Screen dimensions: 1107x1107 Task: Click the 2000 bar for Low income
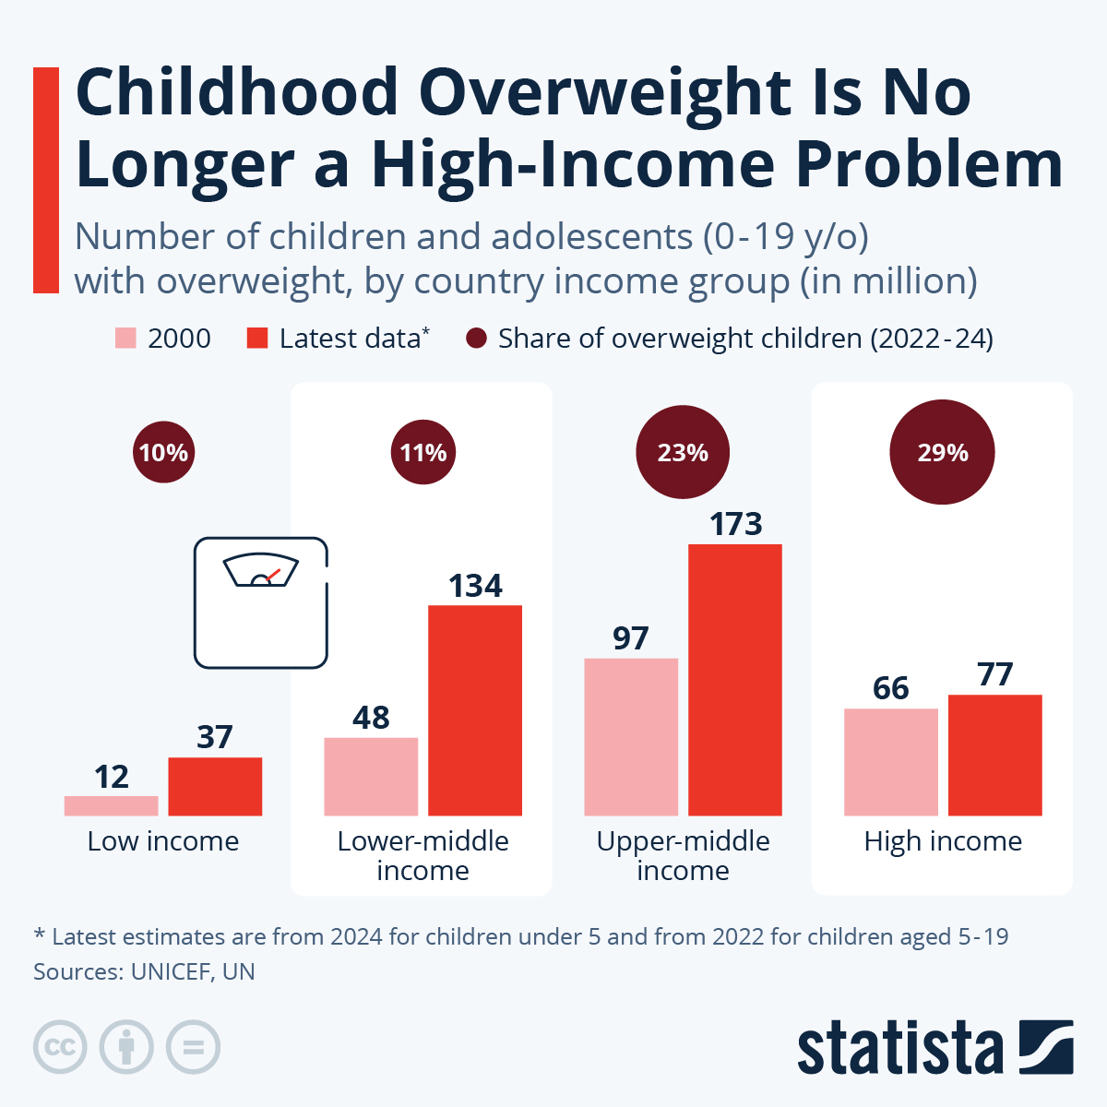(111, 805)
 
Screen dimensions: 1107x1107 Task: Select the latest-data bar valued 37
(215, 786)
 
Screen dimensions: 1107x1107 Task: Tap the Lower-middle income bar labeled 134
(475, 710)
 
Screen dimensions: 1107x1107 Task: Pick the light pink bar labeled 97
(631, 737)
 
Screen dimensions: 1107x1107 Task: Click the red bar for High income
(994, 755)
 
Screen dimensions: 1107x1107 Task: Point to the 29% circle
(942, 452)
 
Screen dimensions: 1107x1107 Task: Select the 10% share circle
(163, 452)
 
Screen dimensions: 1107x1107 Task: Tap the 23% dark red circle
(683, 452)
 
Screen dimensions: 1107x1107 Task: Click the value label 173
(735, 524)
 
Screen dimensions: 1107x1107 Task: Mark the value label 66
(890, 688)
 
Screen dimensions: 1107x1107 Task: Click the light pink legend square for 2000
(126, 339)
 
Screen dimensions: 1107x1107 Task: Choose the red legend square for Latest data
(257, 339)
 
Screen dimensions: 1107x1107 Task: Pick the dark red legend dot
(476, 339)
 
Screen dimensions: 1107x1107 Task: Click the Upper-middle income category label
(683, 855)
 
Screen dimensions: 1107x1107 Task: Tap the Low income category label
(163, 841)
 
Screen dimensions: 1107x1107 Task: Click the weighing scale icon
(261, 602)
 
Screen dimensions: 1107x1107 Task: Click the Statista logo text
(899, 1048)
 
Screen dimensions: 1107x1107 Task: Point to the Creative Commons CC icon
(60, 1048)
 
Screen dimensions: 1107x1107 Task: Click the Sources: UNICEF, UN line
(144, 971)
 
